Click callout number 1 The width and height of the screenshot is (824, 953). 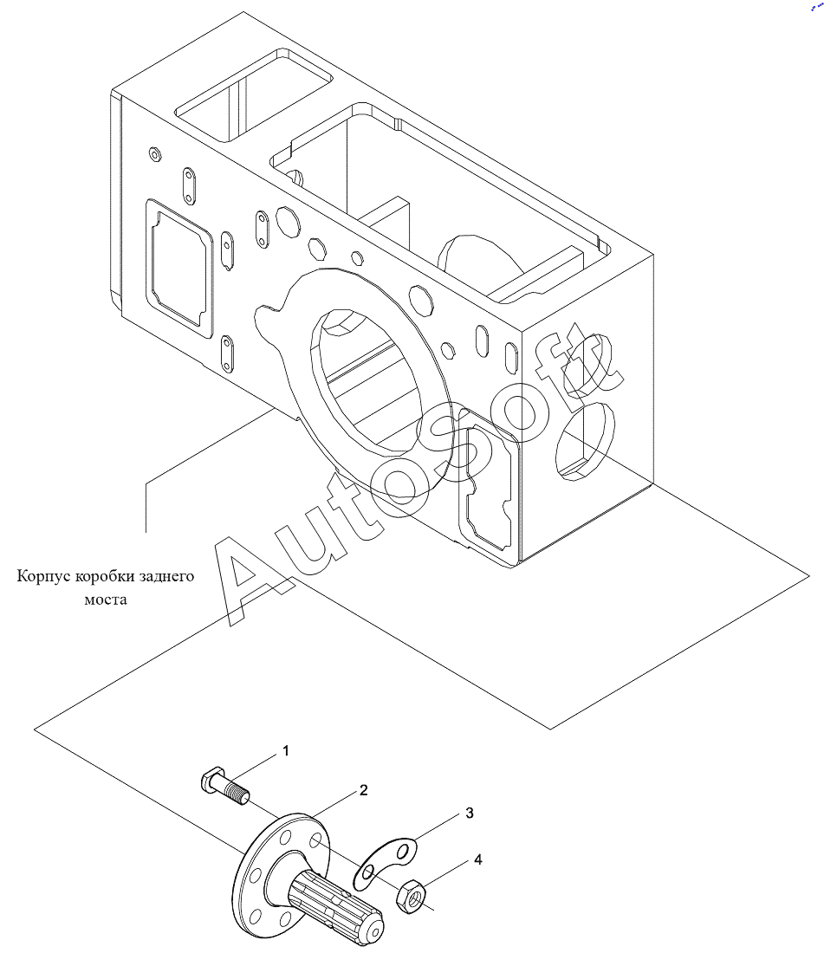[286, 751]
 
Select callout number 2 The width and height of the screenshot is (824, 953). [363, 790]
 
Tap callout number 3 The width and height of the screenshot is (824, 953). [469, 814]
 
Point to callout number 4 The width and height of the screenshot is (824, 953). [478, 859]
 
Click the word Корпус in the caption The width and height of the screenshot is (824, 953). [43, 576]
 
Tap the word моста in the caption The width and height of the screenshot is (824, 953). [105, 600]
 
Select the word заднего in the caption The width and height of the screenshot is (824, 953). [166, 576]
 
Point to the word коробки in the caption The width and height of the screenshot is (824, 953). [105, 575]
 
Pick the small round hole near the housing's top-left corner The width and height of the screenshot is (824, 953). [155, 155]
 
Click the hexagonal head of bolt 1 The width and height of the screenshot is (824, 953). [210, 778]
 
